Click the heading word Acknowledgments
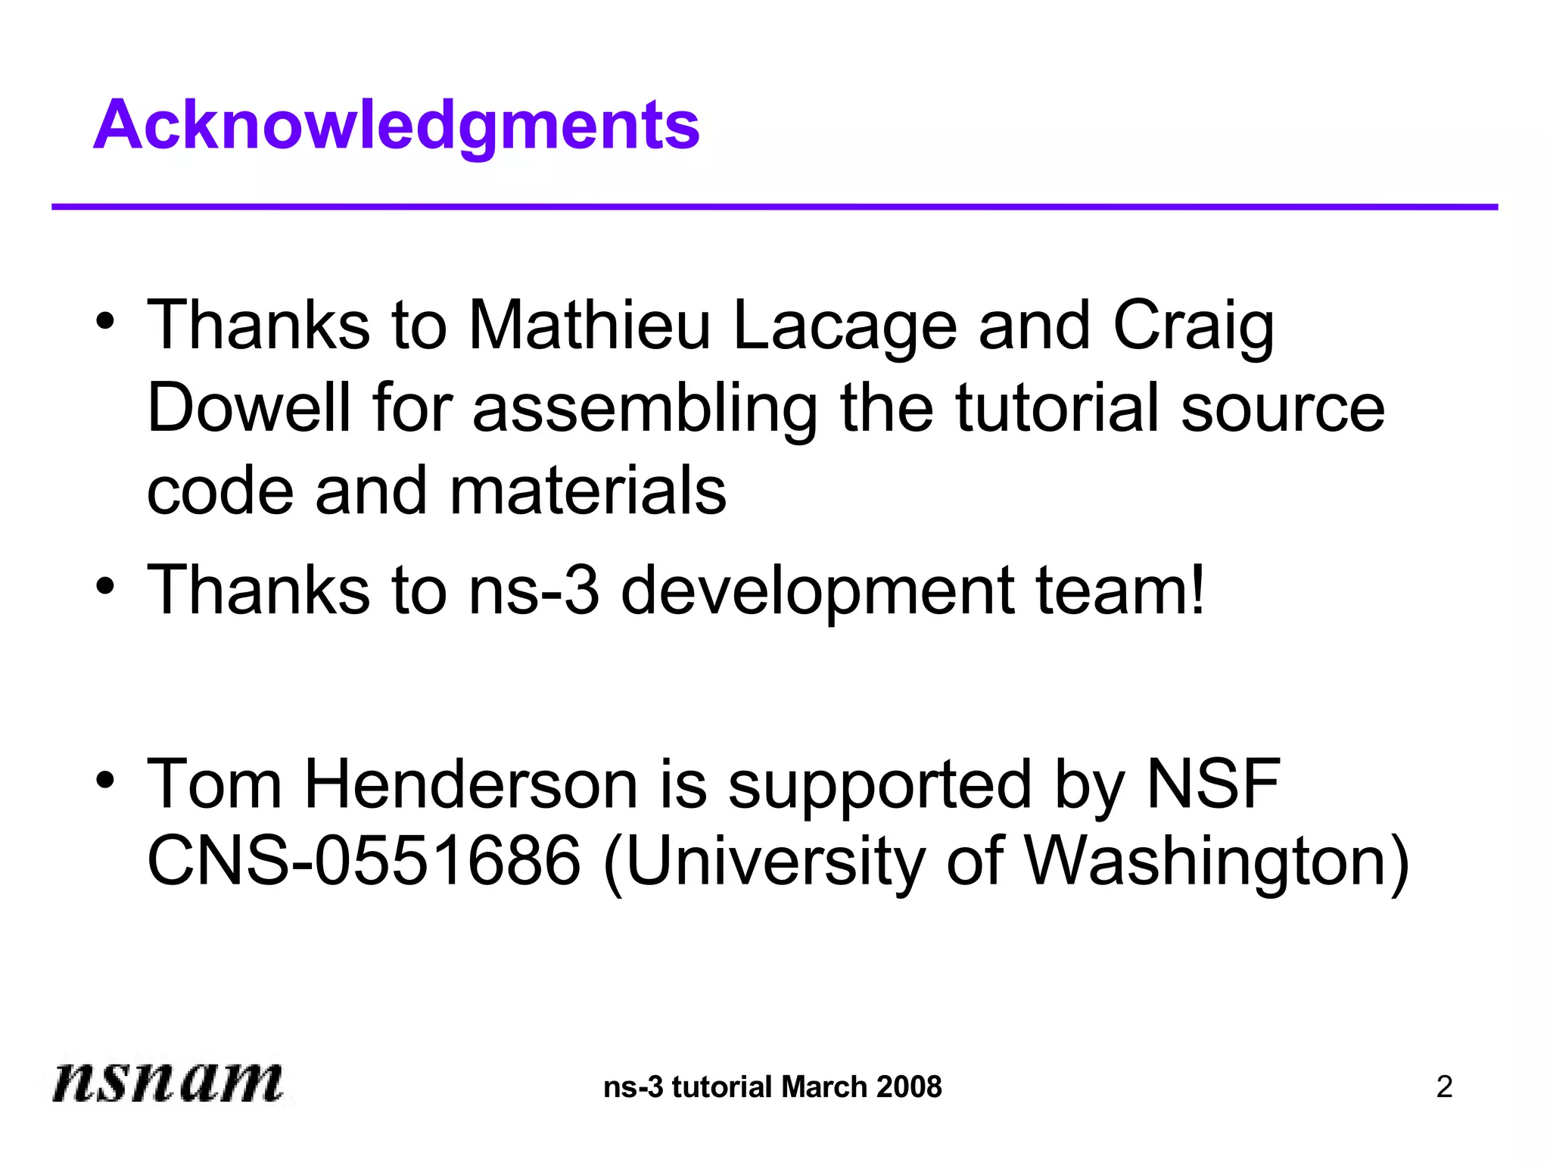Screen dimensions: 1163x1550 pyautogui.click(x=397, y=126)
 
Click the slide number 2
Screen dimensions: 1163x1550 pyautogui.click(x=1444, y=1087)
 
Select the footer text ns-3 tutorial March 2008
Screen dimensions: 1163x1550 pyautogui.click(x=773, y=1087)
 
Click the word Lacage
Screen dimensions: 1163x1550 pyautogui.click(x=845, y=327)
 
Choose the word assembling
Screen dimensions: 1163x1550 pyautogui.click(x=645, y=410)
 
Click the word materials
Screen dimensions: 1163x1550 pyautogui.click(x=587, y=491)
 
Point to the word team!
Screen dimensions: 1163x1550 pyautogui.click(x=1120, y=590)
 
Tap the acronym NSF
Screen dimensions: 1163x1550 pyautogui.click(x=1212, y=785)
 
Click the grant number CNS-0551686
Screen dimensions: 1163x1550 pyautogui.click(x=364, y=861)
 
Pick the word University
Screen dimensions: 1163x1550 pyautogui.click(x=776, y=862)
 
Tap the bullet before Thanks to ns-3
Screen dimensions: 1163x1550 pyautogui.click(x=106, y=585)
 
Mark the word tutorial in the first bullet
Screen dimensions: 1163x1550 pyautogui.click(x=1057, y=408)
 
